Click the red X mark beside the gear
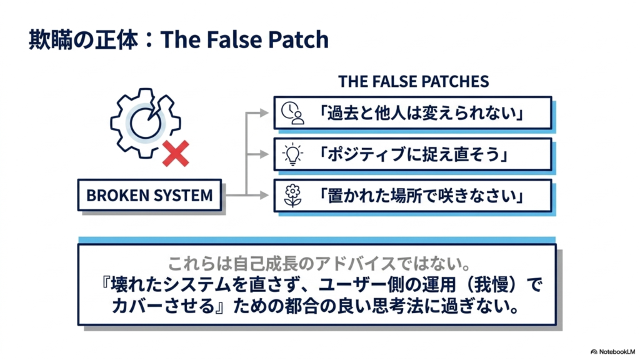[x=176, y=154]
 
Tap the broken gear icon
[x=145, y=123]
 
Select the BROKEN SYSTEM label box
[x=149, y=195]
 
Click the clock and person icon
[x=292, y=113]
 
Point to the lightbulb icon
[x=292, y=154]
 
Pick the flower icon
[x=292, y=196]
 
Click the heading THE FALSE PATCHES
[x=414, y=82]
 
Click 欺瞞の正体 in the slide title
[x=83, y=39]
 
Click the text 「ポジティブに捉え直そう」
[x=412, y=154]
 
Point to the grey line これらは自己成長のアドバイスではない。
[x=319, y=264]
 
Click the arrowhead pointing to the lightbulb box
[x=264, y=154]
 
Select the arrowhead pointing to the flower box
[x=264, y=196]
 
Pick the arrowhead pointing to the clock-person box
[x=264, y=113]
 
